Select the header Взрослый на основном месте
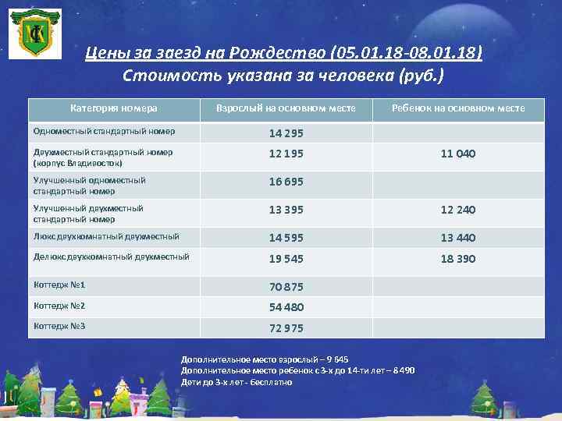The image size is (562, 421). pyautogui.click(x=286, y=108)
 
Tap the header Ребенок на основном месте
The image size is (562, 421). pyautogui.click(x=458, y=108)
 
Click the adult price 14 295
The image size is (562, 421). pyautogui.click(x=286, y=133)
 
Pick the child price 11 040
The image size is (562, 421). pyautogui.click(x=458, y=154)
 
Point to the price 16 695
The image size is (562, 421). pyautogui.click(x=286, y=182)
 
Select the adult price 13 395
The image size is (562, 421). pyautogui.click(x=286, y=210)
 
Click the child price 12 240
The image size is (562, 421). pyautogui.click(x=458, y=210)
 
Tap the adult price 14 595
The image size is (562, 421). pyautogui.click(x=286, y=238)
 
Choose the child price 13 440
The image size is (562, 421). pyautogui.click(x=458, y=238)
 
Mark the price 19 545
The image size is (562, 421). pyautogui.click(x=286, y=259)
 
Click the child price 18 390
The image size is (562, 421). pyautogui.click(x=458, y=259)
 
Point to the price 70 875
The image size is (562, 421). pyautogui.click(x=286, y=287)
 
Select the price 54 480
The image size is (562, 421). pyautogui.click(x=286, y=307)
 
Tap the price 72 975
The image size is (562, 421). pyautogui.click(x=286, y=327)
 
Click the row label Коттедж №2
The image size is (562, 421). pyautogui.click(x=59, y=306)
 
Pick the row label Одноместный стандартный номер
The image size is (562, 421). pyautogui.click(x=104, y=132)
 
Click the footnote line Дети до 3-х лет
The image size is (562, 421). pyautogui.click(x=236, y=383)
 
